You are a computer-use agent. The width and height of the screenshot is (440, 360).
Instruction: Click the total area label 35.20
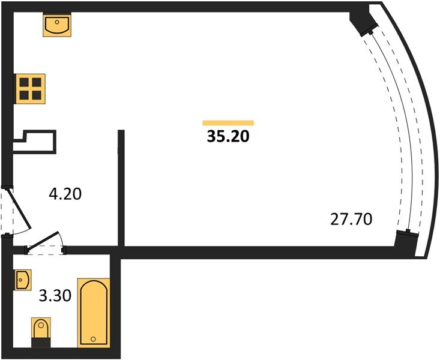point(228,137)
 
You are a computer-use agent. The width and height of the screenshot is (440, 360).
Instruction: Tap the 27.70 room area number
point(351,219)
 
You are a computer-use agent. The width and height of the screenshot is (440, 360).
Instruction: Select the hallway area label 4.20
point(65,194)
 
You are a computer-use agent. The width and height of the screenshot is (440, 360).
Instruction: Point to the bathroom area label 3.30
point(55,296)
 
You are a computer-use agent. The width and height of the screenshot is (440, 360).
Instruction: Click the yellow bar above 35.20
point(228,122)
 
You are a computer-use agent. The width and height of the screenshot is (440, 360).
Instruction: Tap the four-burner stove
point(30,89)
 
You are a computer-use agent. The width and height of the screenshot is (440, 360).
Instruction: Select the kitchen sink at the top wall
point(57,25)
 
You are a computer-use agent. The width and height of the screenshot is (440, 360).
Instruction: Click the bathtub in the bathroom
point(94,313)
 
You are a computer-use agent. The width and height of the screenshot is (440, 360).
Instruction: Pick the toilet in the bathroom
point(41,332)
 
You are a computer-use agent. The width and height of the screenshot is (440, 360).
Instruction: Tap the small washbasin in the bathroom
point(22,280)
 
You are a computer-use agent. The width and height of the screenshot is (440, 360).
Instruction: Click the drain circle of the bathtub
point(94,339)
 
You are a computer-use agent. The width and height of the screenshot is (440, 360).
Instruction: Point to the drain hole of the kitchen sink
point(57,22)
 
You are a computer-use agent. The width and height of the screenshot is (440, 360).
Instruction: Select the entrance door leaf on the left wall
point(19,208)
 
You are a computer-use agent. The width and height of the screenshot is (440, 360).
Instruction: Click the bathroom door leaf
point(43,240)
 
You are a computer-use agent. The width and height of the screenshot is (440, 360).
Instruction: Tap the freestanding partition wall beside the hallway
point(121,188)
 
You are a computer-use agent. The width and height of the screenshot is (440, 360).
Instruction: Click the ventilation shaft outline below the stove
point(34,142)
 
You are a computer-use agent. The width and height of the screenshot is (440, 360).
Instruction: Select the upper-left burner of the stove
point(24,82)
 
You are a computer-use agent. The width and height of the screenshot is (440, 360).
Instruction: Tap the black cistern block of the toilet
point(41,343)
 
